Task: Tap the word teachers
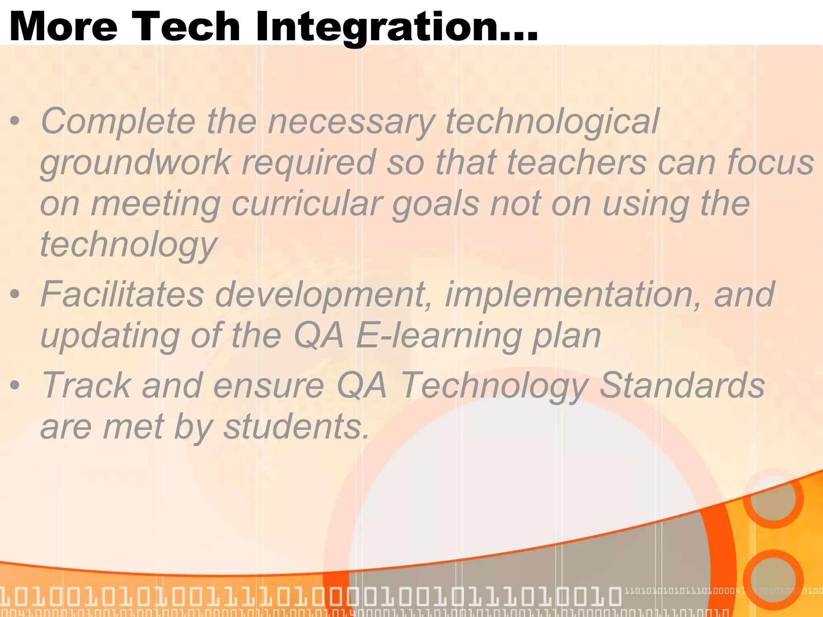click(x=576, y=162)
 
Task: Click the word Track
click(x=86, y=385)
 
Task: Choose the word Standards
click(x=682, y=385)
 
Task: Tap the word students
click(x=295, y=427)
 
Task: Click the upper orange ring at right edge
click(x=773, y=498)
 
